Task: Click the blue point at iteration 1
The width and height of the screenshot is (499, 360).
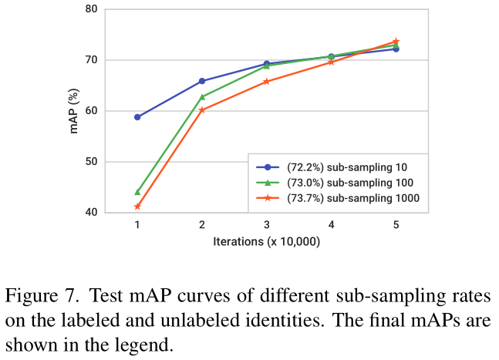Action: click(137, 117)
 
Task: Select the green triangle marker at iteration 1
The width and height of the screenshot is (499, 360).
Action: click(137, 192)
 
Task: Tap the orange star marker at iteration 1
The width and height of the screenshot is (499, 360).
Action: click(137, 207)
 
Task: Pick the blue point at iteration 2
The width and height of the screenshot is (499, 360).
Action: click(202, 81)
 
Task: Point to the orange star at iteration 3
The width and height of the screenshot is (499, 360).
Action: click(267, 81)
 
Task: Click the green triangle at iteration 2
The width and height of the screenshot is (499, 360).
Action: click(202, 97)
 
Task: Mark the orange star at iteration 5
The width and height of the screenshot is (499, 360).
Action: click(396, 41)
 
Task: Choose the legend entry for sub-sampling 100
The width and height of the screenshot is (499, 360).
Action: click(339, 183)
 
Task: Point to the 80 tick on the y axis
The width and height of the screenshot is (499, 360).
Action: click(91, 9)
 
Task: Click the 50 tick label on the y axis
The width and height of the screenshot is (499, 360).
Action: click(91, 162)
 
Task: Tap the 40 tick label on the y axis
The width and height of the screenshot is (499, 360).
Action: click(91, 213)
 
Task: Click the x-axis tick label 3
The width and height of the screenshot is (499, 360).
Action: click(267, 225)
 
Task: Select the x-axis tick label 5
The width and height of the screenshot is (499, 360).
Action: click(396, 225)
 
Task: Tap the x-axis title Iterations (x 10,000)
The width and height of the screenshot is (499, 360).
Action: click(267, 241)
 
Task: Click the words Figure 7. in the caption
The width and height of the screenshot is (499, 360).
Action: click(39, 296)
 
